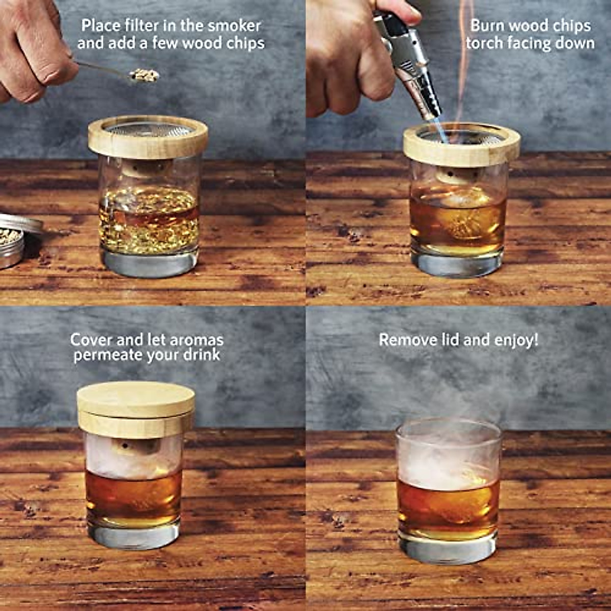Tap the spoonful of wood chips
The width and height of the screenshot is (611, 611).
pos(144,75)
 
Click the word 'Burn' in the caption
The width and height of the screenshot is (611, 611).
pos(487,25)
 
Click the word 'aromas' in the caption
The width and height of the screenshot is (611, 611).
pos(198,340)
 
